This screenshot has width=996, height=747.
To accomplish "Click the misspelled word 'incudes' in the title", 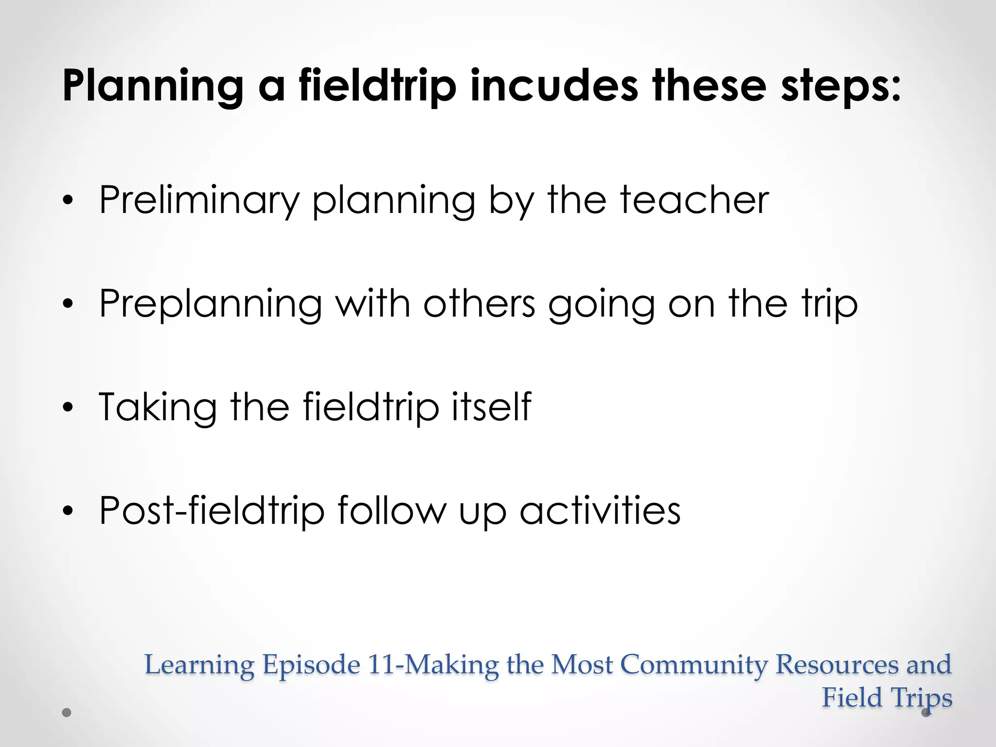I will tap(554, 86).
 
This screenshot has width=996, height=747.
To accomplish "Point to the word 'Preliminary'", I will tap(199, 201).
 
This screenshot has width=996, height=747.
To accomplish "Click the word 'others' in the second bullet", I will tap(479, 303).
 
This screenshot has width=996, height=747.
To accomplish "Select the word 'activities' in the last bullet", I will tap(600, 510).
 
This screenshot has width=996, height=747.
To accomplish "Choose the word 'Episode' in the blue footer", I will tap(311, 665).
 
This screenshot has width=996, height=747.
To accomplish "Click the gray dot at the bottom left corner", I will tap(67, 713).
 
